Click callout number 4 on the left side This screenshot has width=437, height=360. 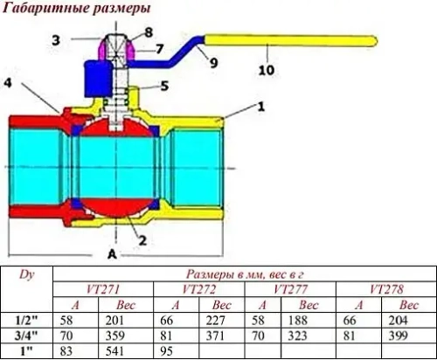point(7,84)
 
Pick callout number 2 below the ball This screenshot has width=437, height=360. point(142,237)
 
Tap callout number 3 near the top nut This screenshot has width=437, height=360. point(55,40)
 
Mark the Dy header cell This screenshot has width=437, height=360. point(27,273)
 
